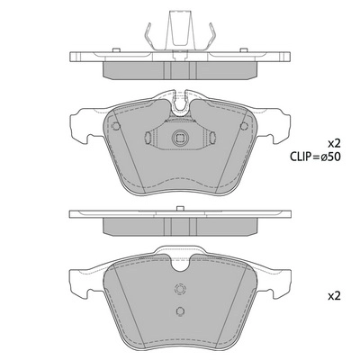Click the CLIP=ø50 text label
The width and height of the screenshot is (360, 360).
click(315, 157)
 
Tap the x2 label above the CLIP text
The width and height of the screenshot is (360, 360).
click(334, 144)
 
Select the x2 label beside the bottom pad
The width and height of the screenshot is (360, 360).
click(334, 296)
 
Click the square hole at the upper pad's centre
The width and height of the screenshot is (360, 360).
click(180, 139)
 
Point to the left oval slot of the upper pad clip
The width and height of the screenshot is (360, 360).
click(148, 138)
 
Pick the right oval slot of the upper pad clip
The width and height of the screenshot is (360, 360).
click(212, 138)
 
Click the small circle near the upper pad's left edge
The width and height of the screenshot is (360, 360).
click(116, 126)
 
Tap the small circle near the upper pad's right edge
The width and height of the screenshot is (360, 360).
click(244, 126)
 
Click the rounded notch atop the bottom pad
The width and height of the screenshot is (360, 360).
click(180, 264)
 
